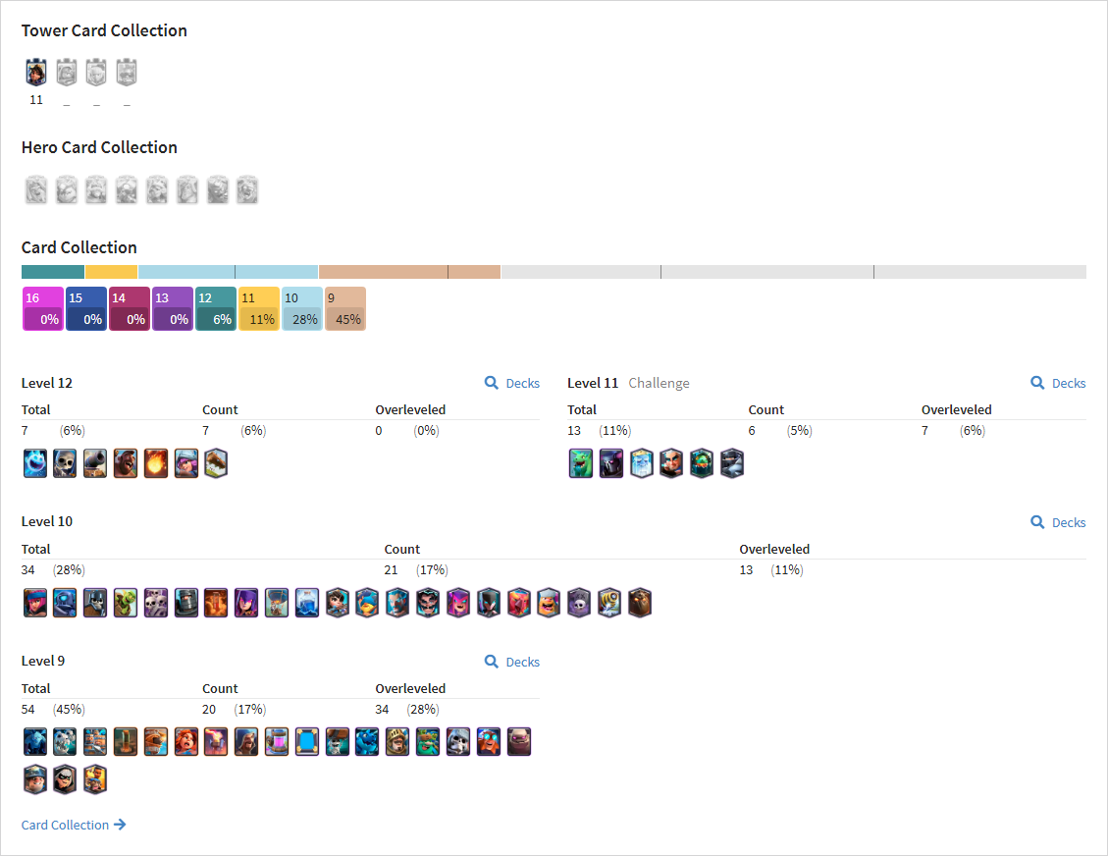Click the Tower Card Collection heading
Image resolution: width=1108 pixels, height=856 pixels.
104,30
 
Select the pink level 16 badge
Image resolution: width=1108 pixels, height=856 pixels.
43,308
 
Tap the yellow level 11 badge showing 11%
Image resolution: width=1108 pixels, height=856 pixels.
259,308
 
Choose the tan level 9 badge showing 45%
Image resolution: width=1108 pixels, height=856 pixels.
345,308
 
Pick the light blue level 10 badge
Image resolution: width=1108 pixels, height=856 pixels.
302,308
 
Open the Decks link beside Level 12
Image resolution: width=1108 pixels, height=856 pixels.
512,383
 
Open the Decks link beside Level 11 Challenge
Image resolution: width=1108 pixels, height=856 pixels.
1059,383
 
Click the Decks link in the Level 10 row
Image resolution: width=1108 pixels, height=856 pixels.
1059,522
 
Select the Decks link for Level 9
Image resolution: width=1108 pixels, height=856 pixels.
512,662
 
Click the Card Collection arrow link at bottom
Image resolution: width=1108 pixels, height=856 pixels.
74,825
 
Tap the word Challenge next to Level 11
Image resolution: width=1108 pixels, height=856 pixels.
659,383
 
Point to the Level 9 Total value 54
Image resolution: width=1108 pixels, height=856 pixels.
28,709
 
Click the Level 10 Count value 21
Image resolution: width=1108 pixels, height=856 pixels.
391,569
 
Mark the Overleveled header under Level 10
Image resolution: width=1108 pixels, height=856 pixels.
774,549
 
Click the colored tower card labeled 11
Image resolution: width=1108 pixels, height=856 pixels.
36,72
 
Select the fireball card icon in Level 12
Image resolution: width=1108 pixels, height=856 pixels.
156,463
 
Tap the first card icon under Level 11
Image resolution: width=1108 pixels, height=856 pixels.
581,463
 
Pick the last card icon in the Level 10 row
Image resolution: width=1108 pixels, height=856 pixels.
640,603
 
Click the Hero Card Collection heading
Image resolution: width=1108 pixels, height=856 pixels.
100,147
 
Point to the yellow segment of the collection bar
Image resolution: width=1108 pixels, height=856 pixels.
111,272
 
